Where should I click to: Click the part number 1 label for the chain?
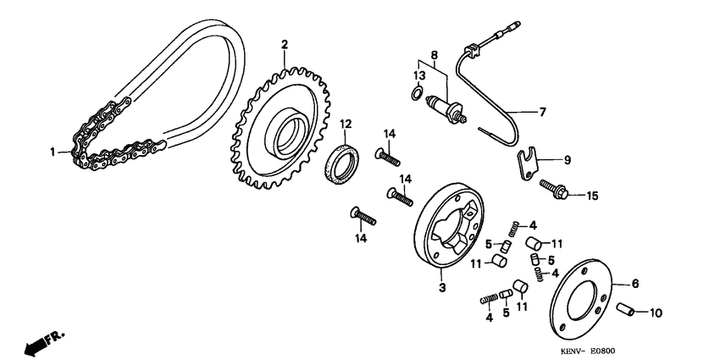pyautogui.click(x=52, y=152)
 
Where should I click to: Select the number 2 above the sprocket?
pyautogui.click(x=285, y=44)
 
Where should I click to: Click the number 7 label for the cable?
pyautogui.click(x=544, y=111)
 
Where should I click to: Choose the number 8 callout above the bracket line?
pyautogui.click(x=435, y=56)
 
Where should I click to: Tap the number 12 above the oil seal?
pyautogui.click(x=346, y=125)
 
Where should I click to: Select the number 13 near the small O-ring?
pyautogui.click(x=418, y=75)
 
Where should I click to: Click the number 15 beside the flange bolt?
pyautogui.click(x=592, y=196)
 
